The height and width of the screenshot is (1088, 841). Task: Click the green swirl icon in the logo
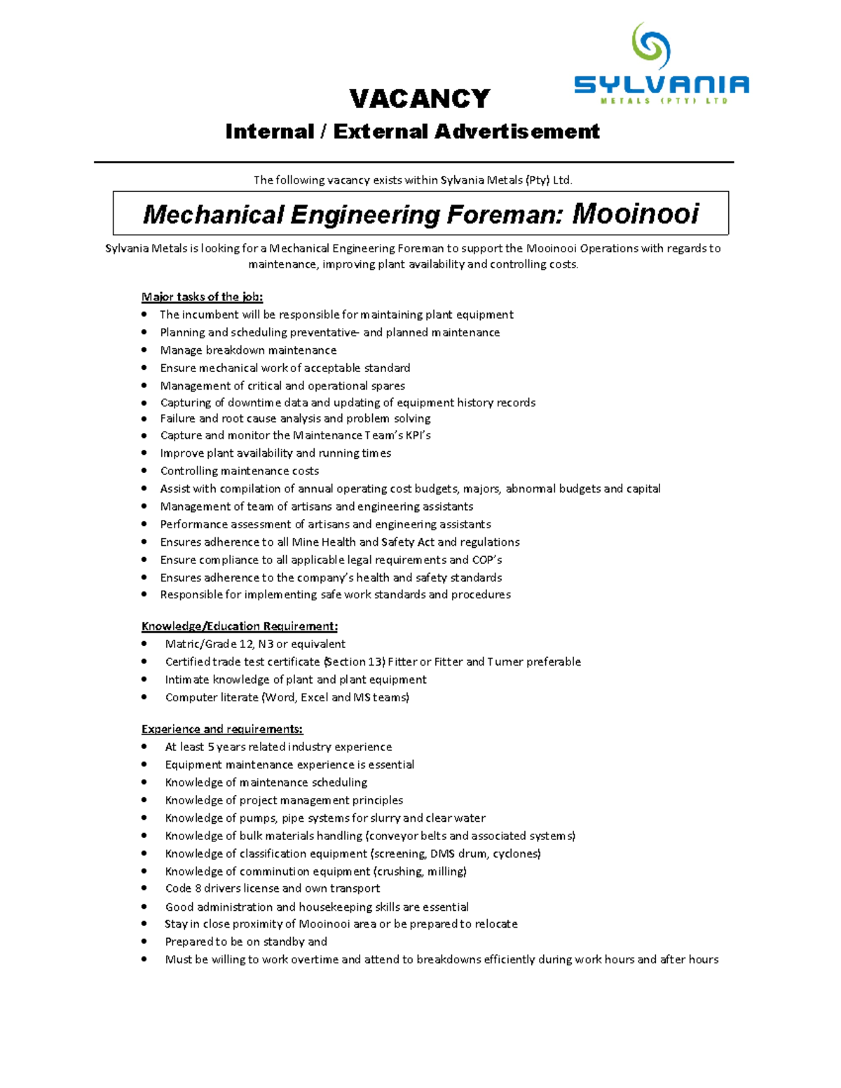coord(651,47)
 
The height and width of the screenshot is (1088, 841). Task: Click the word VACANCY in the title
coord(420,99)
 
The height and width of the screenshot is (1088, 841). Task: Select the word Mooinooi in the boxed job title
coord(635,214)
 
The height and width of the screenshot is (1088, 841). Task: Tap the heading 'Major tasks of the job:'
coord(202,296)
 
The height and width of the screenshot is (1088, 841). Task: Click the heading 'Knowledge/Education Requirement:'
coord(239,626)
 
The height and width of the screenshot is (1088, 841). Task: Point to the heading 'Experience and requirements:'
coord(221,729)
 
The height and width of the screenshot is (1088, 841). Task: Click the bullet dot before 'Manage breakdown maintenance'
coord(144,350)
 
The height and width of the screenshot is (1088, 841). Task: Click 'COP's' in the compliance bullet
coord(487,560)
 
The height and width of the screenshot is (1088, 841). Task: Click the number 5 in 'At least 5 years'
coord(211,747)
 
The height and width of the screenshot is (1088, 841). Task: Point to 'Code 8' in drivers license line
coord(182,888)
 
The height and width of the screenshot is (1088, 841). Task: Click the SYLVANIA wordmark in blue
coord(662,85)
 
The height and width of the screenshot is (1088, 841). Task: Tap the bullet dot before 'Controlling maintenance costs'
coord(144,471)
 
